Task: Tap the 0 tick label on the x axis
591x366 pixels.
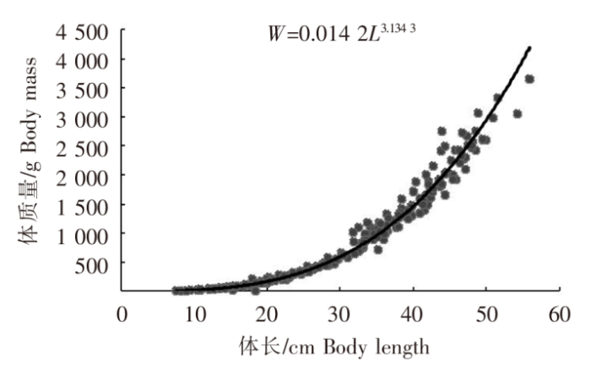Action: click(122, 315)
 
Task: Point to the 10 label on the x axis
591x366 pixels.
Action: click(195, 315)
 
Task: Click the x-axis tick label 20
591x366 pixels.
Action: click(268, 315)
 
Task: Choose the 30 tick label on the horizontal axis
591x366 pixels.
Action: click(340, 315)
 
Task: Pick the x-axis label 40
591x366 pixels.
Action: click(413, 315)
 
